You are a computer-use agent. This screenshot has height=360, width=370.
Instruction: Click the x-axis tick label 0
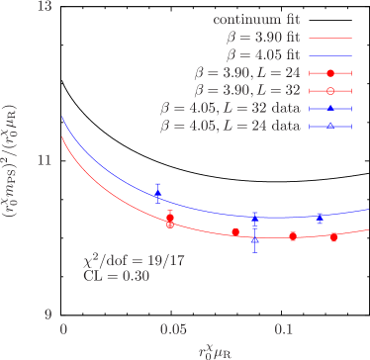click(63, 328)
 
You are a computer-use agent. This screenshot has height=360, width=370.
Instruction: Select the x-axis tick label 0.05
click(174, 328)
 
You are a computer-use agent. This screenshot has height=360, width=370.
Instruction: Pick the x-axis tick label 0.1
click(285, 328)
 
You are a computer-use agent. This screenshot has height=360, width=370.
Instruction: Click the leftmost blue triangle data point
click(157, 192)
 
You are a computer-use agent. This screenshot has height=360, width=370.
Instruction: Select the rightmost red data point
click(333, 237)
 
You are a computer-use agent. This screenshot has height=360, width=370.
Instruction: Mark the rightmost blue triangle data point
click(319, 217)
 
